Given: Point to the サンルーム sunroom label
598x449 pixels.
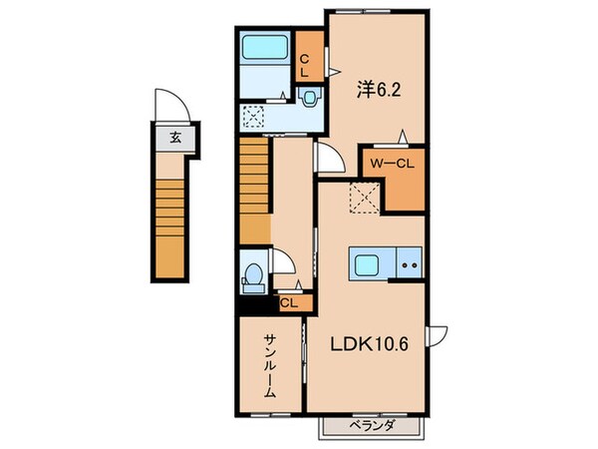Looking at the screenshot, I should coord(269,365).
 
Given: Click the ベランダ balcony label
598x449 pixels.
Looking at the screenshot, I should coord(372,426).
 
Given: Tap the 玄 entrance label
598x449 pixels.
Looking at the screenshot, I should coord(175,138).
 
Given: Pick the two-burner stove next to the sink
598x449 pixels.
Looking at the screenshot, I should coord(410,266).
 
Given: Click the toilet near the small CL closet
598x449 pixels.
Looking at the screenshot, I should coord(254,273).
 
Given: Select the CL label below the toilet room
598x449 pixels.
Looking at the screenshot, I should coord(287,303).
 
